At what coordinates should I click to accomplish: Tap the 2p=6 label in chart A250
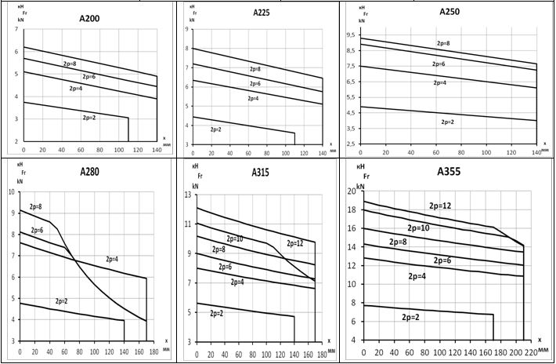pyautogui.click(x=439, y=64)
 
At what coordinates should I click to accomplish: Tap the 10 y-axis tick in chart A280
pyautogui.click(x=10, y=192)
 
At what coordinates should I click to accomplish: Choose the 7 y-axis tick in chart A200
pyautogui.click(x=16, y=30)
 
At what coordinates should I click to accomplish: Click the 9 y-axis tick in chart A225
pyautogui.click(x=187, y=30)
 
